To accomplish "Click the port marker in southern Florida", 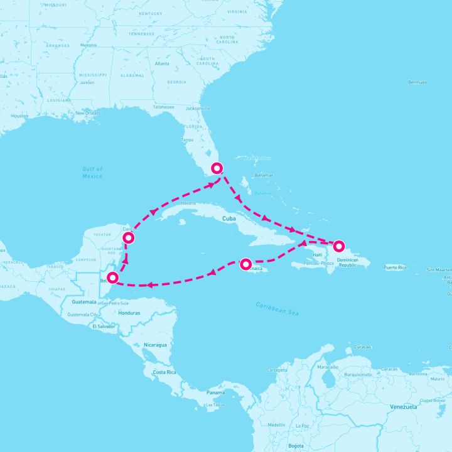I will tap(217, 168).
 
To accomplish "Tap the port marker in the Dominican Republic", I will tap(339, 246).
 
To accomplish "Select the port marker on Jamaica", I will tap(246, 264).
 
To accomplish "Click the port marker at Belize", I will tap(113, 277).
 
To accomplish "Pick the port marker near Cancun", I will tap(129, 238).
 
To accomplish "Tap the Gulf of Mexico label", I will tap(92, 173).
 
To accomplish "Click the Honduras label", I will tap(129, 313).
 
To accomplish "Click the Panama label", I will tap(215, 392).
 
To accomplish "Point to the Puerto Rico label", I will tap(395, 267).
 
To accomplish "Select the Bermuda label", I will tap(417, 82).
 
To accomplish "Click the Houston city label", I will tap(19, 116).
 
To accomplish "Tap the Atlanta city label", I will tap(162, 63).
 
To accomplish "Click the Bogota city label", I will tap(296, 445).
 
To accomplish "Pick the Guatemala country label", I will tap(84, 302).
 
